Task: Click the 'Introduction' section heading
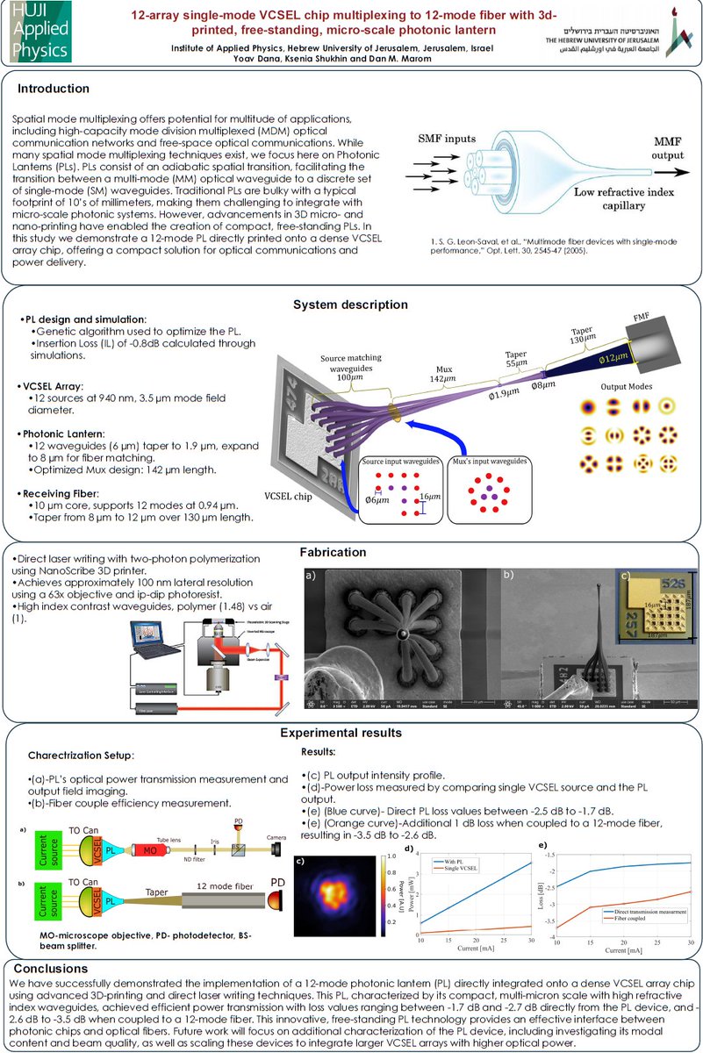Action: pyautogui.click(x=54, y=89)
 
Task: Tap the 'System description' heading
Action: pyautogui.click(x=350, y=304)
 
